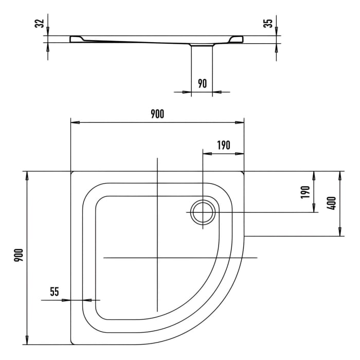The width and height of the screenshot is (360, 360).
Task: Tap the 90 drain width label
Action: tap(202, 83)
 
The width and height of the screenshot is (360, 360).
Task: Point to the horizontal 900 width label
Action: tap(157, 114)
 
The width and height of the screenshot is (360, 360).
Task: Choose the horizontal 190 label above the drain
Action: tap(223, 145)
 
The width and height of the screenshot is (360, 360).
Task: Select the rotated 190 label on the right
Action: tap(305, 192)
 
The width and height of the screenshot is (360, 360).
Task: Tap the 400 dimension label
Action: tap(332, 203)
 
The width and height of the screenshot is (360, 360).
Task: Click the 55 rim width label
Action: tap(55, 292)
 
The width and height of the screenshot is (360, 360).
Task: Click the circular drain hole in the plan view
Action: tap(203, 212)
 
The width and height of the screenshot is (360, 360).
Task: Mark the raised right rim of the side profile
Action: tap(237, 39)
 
